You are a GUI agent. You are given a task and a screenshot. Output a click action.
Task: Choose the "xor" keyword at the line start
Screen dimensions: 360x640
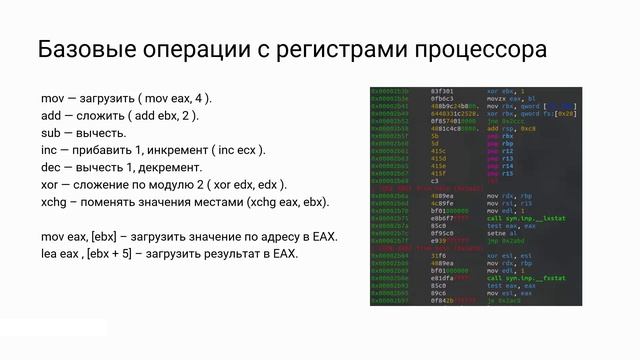[51, 184]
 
